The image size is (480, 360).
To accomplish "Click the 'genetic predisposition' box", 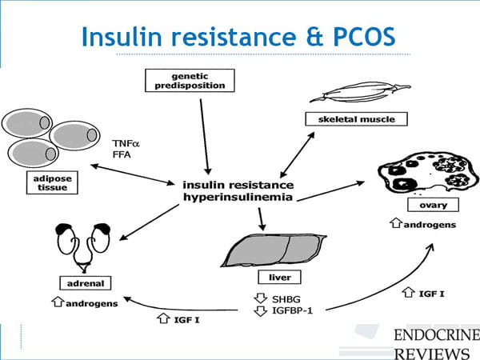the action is (190, 81).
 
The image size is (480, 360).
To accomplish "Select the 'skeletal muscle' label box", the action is (356, 118).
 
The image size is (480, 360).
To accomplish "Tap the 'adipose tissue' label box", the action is (52, 182).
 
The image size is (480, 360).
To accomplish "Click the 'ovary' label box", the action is (433, 205).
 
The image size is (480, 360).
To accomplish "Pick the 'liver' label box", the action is (279, 277).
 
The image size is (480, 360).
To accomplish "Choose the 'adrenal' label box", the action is (86, 283).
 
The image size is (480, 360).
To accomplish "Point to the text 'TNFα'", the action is (126, 143).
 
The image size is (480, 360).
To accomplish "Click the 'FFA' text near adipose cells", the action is (122, 154).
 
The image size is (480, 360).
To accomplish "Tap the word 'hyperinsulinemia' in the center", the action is (238, 197).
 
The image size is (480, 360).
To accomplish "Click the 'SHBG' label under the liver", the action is (286, 299).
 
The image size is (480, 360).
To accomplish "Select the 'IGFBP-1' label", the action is (292, 310).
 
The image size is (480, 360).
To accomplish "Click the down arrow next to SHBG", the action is (261, 298).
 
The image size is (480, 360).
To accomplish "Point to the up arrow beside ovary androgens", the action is (396, 223).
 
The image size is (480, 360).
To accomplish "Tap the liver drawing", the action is (274, 250).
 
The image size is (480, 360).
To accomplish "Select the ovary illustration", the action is (428, 173).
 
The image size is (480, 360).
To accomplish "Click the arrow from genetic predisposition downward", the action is (205, 137).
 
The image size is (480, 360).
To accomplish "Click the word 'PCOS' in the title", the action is (364, 37).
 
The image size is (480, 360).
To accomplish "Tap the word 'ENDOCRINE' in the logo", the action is (437, 335).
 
